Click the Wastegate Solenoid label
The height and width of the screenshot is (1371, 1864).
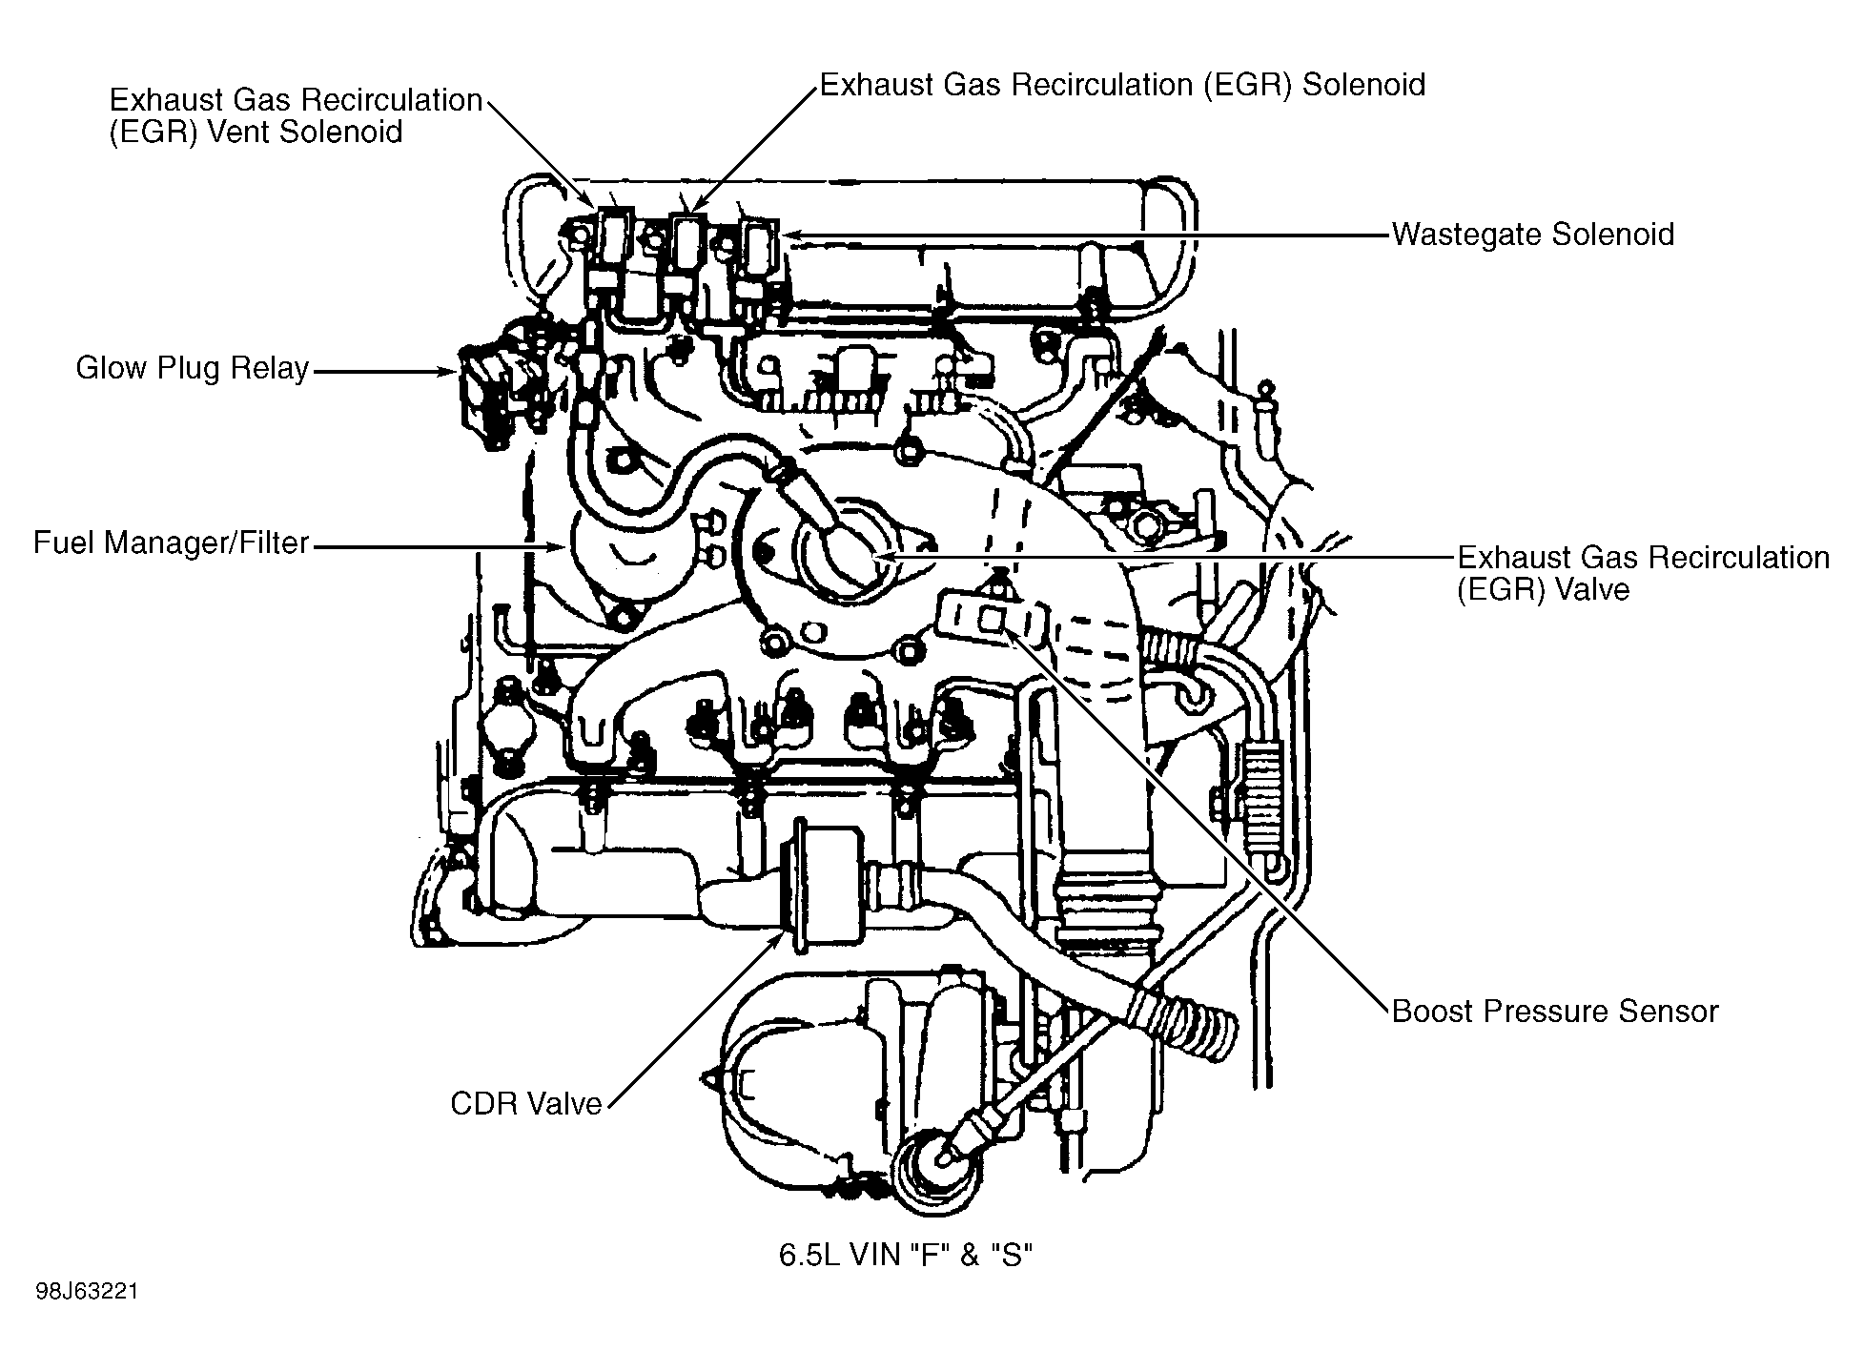(x=1532, y=235)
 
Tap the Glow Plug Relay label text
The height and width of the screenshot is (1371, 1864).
(x=193, y=369)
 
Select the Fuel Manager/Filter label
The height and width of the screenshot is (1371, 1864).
(x=172, y=543)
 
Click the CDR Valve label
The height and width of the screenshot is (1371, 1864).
(x=526, y=1104)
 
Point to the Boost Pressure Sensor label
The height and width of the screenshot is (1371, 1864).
(x=1554, y=1012)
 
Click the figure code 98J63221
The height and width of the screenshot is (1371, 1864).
(x=88, y=1293)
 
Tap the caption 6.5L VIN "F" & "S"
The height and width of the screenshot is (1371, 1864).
(x=906, y=1255)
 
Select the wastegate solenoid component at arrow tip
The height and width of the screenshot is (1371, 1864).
(x=759, y=246)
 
